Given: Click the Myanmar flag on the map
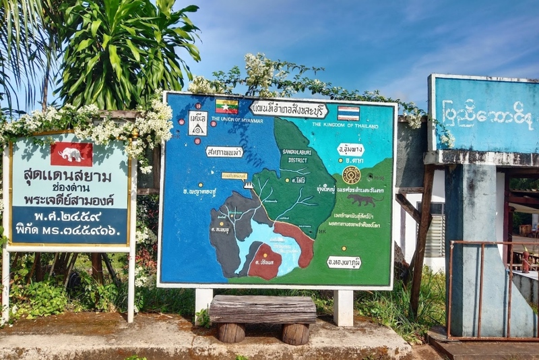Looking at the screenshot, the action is pyautogui.click(x=226, y=107).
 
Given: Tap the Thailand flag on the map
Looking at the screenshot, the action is pyautogui.click(x=348, y=113).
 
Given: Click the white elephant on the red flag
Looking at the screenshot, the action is pyautogui.click(x=71, y=154).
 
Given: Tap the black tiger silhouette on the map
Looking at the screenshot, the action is pyautogui.click(x=362, y=200).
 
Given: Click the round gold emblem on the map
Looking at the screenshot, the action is pyautogui.click(x=351, y=175).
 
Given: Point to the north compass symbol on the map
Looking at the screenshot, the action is pyautogui.click(x=197, y=123).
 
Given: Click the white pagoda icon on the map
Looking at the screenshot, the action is pyautogui.click(x=249, y=184).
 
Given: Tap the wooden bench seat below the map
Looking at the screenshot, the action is pyautogui.click(x=262, y=309).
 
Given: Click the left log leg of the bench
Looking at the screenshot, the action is pyautogui.click(x=231, y=332).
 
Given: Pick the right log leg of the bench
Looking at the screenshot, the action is pyautogui.click(x=295, y=334).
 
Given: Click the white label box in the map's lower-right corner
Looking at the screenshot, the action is pyautogui.click(x=344, y=262).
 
